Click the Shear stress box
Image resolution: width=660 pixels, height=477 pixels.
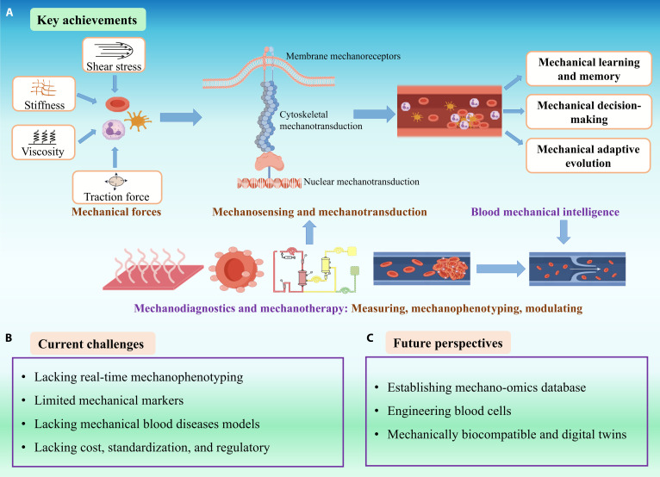pyautogui.click(x=114, y=55)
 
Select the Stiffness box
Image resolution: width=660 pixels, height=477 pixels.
pyautogui.click(x=44, y=94)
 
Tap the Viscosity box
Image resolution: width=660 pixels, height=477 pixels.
pyautogui.click(x=43, y=142)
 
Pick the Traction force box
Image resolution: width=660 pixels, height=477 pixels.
pyautogui.click(x=117, y=187)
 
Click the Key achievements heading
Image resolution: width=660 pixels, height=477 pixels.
pyautogui.click(x=88, y=20)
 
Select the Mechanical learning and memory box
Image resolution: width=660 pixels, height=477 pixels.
pyautogui.click(x=588, y=69)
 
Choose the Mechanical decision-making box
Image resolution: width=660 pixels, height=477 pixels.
pyautogui.click(x=588, y=112)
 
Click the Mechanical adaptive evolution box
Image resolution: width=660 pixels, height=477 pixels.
pyautogui.click(x=588, y=156)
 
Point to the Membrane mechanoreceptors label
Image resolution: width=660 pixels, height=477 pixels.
pyautogui.click(x=343, y=56)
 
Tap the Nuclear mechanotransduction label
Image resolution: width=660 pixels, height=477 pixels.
pyautogui.click(x=361, y=182)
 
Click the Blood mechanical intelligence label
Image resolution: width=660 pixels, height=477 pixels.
pyautogui.click(x=545, y=212)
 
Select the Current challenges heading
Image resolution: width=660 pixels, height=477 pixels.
pyautogui.click(x=92, y=344)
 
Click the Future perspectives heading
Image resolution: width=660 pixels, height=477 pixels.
pyautogui.click(x=448, y=343)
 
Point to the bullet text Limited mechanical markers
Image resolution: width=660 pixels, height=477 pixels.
pyautogui.click(x=109, y=400)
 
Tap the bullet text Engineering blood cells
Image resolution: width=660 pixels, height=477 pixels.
pyautogui.click(x=449, y=411)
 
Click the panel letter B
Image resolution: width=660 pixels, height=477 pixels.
pyautogui.click(x=9, y=338)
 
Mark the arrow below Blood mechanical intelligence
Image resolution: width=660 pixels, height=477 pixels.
pyautogui.click(x=563, y=232)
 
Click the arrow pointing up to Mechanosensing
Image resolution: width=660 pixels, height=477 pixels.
pyautogui.click(x=309, y=232)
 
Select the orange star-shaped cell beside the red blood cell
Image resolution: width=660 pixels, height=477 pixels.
pyautogui.click(x=138, y=121)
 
